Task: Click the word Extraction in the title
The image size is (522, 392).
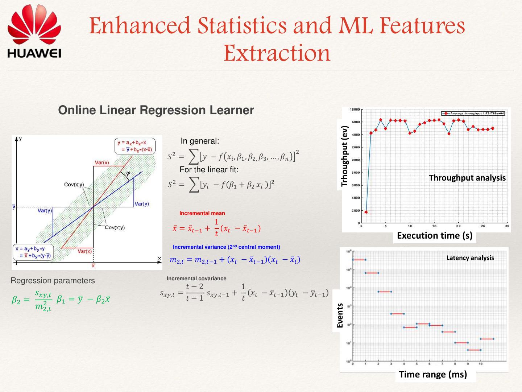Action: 277,53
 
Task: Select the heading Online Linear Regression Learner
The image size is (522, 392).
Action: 156,110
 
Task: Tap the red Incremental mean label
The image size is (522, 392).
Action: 202,213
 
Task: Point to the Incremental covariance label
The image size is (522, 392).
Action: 196,278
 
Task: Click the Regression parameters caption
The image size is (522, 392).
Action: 53,281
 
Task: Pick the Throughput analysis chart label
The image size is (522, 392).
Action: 467,178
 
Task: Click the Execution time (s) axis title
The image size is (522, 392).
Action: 434,236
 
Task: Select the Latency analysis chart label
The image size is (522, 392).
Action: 470,258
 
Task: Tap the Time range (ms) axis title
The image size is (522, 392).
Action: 433,374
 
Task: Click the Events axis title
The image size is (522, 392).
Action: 340,315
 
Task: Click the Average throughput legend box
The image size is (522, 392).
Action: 473,114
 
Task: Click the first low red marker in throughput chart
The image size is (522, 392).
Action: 366,212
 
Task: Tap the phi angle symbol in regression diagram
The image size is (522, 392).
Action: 128,173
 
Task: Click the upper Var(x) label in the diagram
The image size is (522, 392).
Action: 102,162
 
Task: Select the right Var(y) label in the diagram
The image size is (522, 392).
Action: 141,204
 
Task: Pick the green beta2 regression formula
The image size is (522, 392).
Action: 32,300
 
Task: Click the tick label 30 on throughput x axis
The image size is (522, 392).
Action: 507,226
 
